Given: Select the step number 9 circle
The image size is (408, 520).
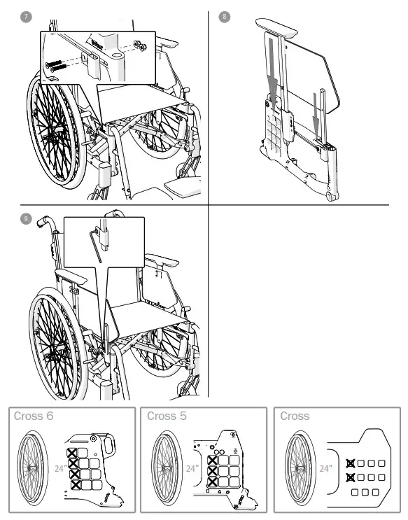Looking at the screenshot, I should pyautogui.click(x=27, y=219).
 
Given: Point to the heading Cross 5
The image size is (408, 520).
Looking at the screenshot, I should pyautogui.click(x=167, y=416).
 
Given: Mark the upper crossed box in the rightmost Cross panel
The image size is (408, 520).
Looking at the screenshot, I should pyautogui.click(x=350, y=463).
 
